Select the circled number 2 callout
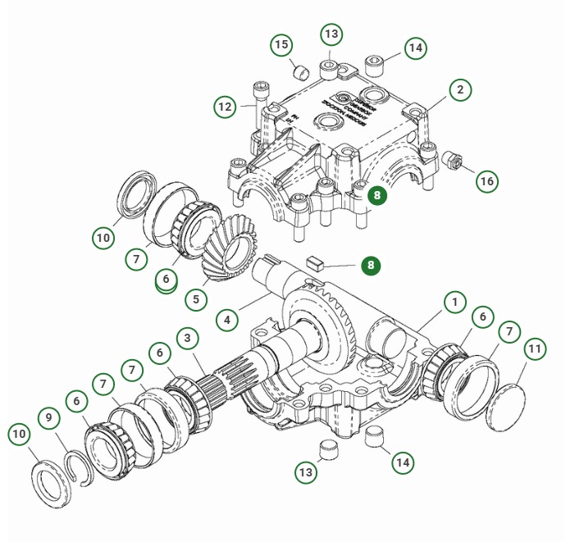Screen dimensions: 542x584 461,89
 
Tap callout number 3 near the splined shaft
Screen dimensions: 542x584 187,338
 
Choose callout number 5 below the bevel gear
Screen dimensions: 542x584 195,299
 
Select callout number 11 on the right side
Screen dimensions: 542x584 535,349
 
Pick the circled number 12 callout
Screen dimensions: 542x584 226,107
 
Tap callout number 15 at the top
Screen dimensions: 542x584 281,44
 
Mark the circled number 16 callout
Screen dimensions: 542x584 488,181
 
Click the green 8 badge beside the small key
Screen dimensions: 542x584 371,266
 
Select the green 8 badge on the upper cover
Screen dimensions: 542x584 376,195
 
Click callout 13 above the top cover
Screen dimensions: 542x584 331,34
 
